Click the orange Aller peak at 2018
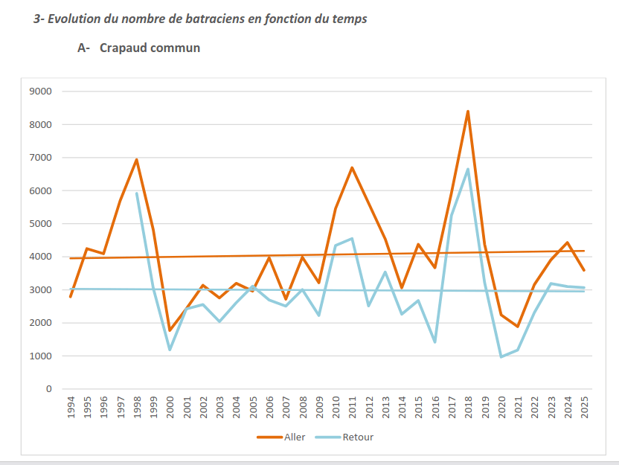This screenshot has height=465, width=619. (467, 112)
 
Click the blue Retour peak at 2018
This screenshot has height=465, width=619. (467, 169)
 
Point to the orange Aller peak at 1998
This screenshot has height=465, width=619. (137, 159)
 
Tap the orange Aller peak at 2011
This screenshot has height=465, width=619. (352, 167)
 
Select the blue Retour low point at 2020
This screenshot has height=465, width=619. (501, 357)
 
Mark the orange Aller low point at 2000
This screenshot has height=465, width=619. (170, 330)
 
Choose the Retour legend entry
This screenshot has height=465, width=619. (358, 437)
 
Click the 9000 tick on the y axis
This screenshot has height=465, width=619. (39, 92)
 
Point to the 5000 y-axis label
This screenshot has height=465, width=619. (39, 224)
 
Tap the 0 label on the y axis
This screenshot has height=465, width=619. (48, 389)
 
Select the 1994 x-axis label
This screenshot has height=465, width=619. (71, 408)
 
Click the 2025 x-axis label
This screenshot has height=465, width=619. (583, 408)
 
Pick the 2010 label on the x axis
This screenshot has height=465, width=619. (336, 408)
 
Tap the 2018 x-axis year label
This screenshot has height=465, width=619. (467, 408)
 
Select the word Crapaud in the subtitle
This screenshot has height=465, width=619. (124, 48)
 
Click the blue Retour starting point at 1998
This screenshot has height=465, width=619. (137, 193)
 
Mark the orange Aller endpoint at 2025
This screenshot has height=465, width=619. (583, 270)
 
